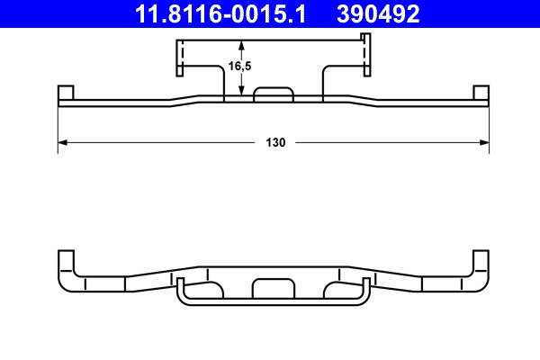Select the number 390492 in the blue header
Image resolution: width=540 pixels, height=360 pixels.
click(x=378, y=13)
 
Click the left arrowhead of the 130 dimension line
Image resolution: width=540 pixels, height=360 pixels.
click(x=62, y=142)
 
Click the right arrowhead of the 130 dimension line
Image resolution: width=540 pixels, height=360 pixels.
click(x=485, y=142)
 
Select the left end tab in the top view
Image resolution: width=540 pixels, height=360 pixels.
click(x=65, y=94)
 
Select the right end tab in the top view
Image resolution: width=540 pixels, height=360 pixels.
click(x=481, y=94)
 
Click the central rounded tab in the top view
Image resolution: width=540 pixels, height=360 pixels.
click(x=274, y=94)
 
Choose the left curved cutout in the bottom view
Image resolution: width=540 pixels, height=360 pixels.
click(x=210, y=288)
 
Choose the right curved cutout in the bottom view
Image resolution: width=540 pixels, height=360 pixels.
click(x=337, y=288)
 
